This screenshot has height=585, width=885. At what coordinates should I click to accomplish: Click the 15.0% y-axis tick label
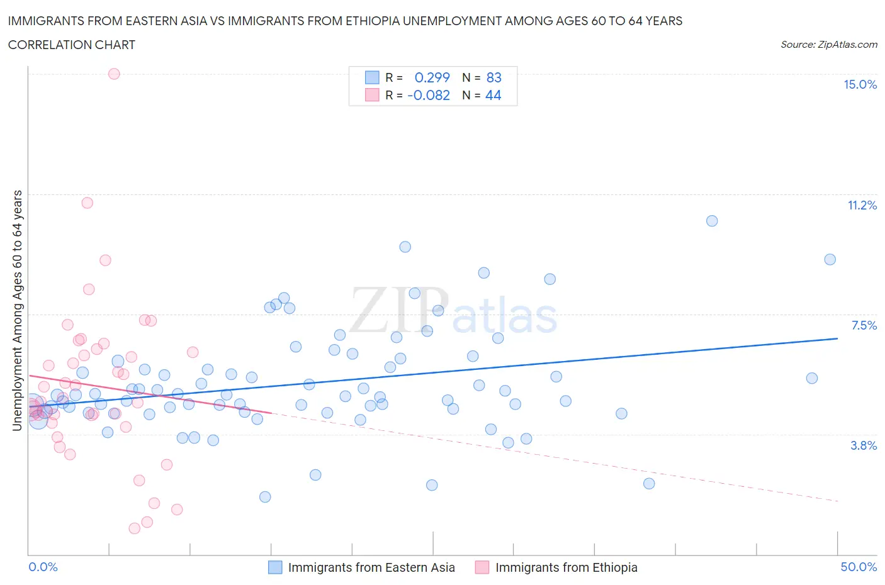860,85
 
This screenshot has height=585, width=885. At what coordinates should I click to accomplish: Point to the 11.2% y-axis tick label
862,206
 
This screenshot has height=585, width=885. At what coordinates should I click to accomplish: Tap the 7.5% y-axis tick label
864,326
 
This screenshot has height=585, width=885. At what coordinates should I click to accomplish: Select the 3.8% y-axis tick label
864,446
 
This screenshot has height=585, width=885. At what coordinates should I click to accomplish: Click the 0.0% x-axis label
43,567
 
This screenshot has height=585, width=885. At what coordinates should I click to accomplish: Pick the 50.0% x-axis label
859,567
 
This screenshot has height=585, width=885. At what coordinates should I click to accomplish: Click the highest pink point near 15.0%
114,74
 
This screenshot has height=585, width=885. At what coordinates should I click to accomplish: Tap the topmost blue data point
712,221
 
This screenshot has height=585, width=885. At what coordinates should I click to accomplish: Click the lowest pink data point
134,528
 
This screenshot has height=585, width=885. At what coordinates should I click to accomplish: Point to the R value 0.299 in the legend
432,78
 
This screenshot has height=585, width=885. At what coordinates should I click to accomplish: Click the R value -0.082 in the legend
429,96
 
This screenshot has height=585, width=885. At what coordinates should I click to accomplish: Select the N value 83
493,78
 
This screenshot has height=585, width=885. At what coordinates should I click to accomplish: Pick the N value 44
493,96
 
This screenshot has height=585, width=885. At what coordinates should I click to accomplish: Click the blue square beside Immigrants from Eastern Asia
275,567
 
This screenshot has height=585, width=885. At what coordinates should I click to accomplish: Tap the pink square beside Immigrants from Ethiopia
482,567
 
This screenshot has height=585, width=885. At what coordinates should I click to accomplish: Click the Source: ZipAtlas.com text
828,45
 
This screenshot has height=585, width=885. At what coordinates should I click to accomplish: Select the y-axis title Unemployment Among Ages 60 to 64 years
17,311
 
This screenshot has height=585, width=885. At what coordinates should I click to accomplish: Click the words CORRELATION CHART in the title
72,45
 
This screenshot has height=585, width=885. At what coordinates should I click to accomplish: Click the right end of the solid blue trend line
837,338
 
